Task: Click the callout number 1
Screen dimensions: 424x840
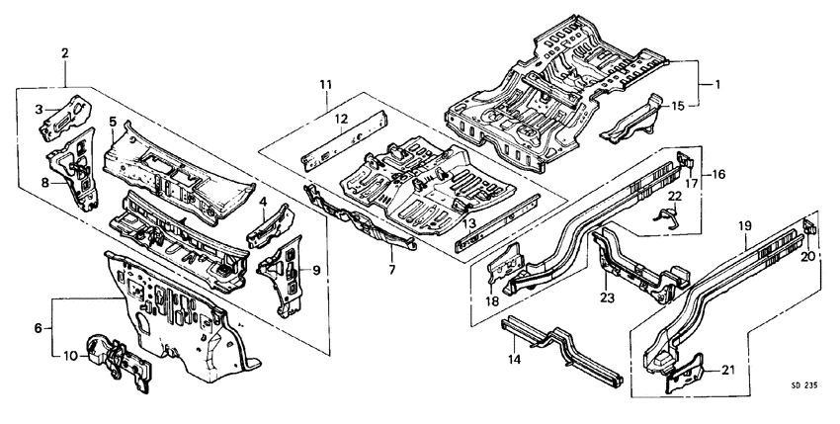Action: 718,86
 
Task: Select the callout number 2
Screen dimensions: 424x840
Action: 65,52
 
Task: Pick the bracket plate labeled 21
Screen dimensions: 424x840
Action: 685,374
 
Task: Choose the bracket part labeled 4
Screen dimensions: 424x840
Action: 269,223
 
